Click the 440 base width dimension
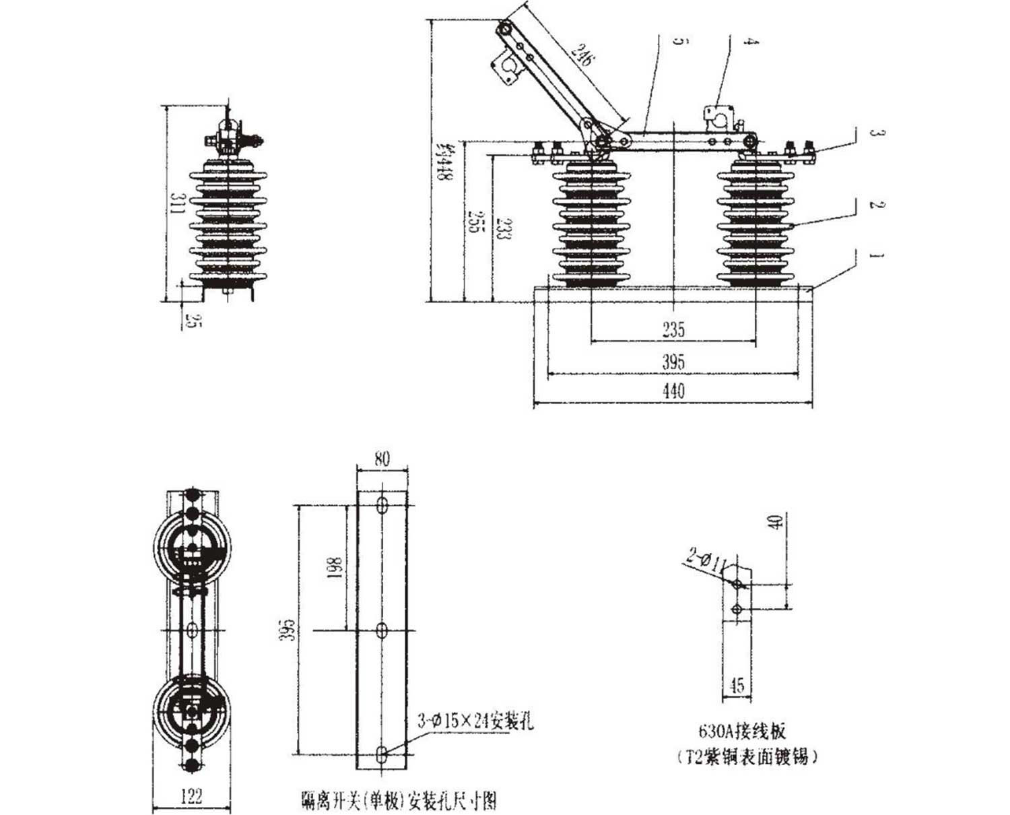pyautogui.click(x=673, y=391)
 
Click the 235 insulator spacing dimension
pyautogui.click(x=673, y=329)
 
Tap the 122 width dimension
pyautogui.click(x=192, y=797)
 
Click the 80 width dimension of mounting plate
pyautogui.click(x=382, y=459)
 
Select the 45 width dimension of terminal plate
pyautogui.click(x=737, y=686)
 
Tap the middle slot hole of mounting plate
pyautogui.click(x=382, y=631)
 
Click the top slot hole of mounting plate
pyautogui.click(x=382, y=506)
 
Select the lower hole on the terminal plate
pyautogui.click(x=737, y=610)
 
